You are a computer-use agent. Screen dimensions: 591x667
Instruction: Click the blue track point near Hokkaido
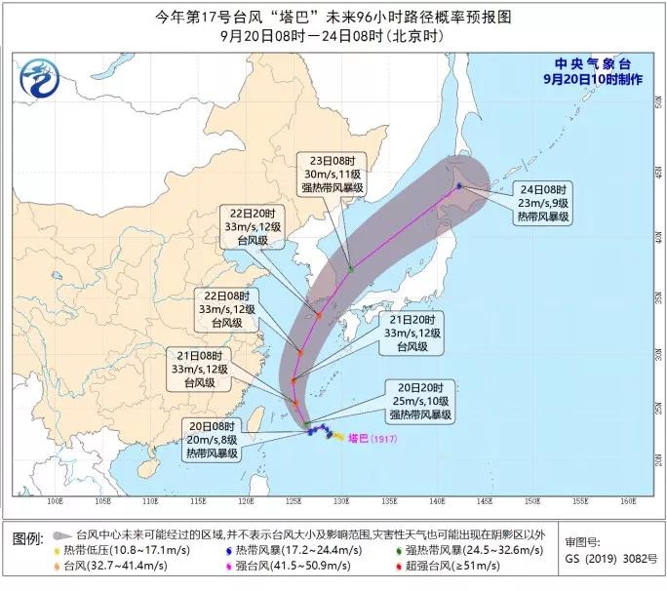click(x=459, y=185)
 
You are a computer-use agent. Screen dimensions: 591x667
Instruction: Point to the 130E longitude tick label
click(x=340, y=501)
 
